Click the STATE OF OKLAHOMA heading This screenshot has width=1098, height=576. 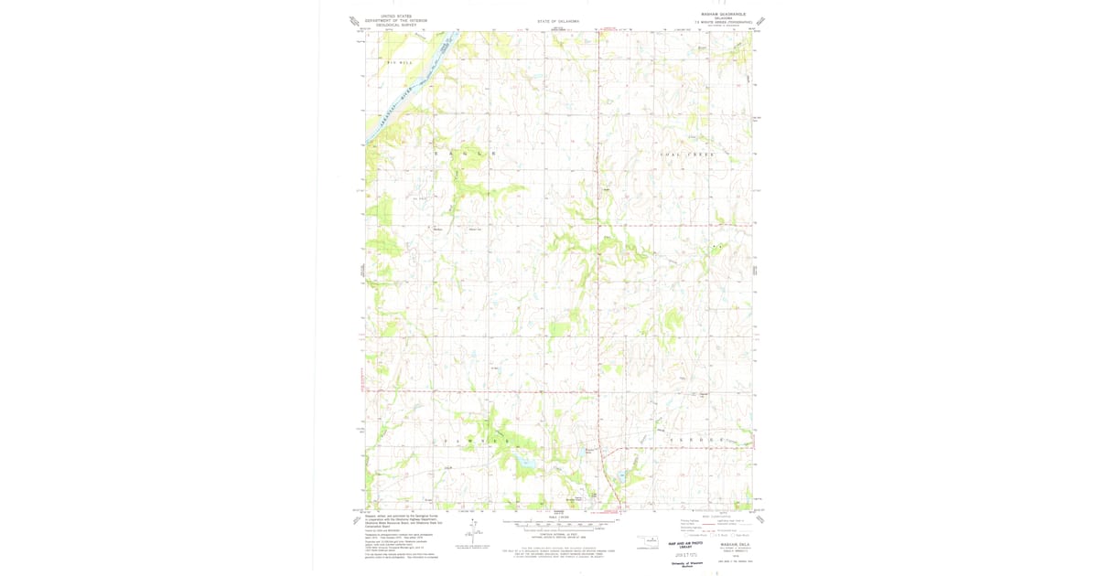[x=558, y=21]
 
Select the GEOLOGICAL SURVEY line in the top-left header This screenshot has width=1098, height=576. [x=390, y=25]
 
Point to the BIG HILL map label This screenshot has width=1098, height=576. [x=400, y=62]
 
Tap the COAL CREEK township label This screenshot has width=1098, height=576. [x=686, y=155]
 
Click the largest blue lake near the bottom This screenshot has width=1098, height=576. [x=524, y=464]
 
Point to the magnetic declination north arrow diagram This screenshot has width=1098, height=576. [x=474, y=528]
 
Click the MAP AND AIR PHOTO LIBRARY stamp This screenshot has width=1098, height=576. [x=689, y=545]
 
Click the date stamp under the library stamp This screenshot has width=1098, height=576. [x=688, y=554]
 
